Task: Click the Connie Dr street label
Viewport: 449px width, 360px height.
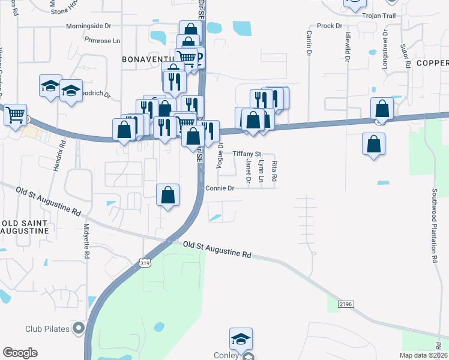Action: tap(218, 188)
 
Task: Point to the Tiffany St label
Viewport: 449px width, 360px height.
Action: tap(247, 154)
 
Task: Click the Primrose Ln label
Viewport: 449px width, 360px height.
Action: tap(103, 41)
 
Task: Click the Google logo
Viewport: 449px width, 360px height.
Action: tap(20, 353)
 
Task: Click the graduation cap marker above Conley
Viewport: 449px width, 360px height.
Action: tap(241, 338)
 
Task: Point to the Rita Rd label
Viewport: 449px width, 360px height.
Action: tap(274, 171)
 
